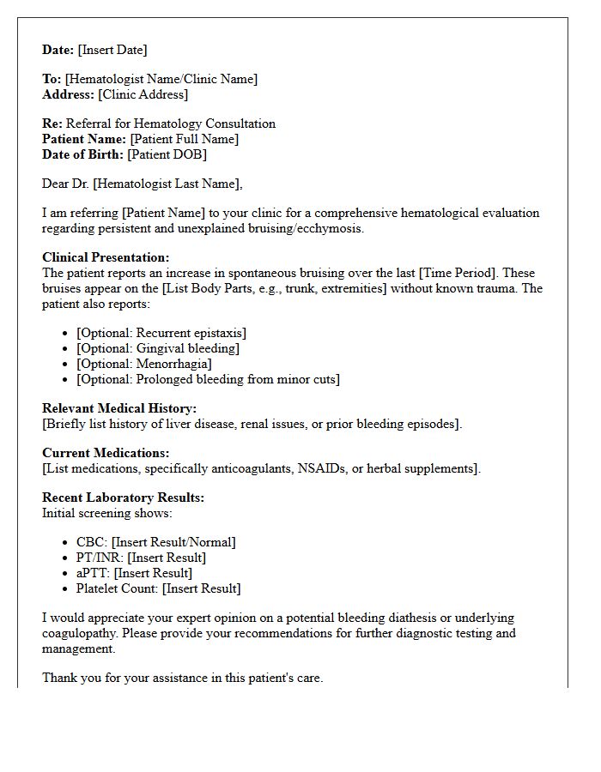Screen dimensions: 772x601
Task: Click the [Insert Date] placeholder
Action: tap(112, 50)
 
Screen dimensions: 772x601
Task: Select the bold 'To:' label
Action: tap(52, 79)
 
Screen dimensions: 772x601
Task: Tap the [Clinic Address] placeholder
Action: tap(143, 94)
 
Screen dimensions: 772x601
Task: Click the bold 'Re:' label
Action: tap(52, 124)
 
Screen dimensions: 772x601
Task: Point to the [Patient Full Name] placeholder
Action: tap(184, 139)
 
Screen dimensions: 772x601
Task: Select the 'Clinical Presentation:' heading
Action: tap(106, 257)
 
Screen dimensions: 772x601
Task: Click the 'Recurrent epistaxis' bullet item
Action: tap(161, 333)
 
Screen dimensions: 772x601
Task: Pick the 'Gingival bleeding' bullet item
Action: tap(157, 348)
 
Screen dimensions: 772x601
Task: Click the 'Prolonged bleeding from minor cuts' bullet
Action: tap(208, 379)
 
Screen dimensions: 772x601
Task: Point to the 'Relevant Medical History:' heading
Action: tap(119, 408)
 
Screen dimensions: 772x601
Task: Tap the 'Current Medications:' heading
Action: tap(106, 453)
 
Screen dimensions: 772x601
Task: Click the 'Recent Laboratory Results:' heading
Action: tap(123, 498)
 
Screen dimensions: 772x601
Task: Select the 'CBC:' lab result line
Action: tap(155, 542)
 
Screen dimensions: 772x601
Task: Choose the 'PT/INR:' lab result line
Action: tap(141, 558)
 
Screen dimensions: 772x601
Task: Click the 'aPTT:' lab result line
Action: tap(134, 573)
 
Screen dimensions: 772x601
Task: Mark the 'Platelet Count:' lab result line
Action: tap(158, 588)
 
